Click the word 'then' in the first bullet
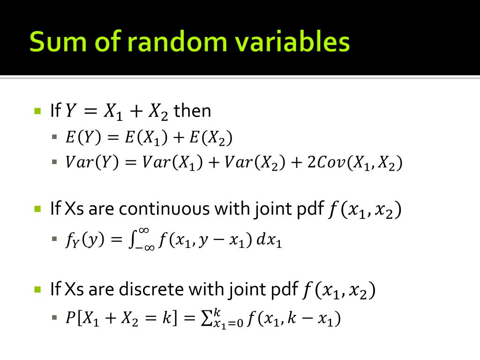tap(192, 111)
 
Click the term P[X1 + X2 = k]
tap(120, 319)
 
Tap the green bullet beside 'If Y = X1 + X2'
tap(38, 111)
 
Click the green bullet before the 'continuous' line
tap(38, 209)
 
